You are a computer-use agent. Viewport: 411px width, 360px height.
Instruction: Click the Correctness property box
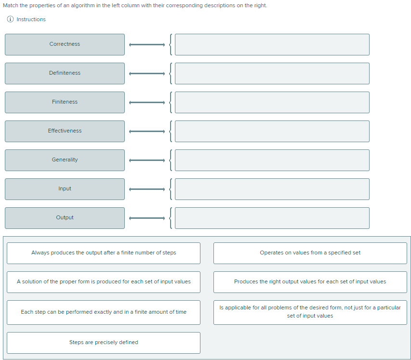point(65,44)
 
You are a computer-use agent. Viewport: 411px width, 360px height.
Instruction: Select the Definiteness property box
point(65,73)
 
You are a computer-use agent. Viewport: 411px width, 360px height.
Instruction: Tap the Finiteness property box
point(65,102)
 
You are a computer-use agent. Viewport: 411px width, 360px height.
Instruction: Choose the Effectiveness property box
point(65,132)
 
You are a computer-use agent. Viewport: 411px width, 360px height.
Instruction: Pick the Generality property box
point(65,160)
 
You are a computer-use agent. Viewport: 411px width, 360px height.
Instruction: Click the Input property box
point(65,189)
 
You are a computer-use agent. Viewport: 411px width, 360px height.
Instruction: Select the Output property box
point(65,218)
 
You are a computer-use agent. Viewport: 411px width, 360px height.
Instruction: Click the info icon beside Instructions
point(10,19)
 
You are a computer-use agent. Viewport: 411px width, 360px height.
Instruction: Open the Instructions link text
point(31,19)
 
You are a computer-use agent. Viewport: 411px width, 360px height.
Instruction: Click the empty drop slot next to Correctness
point(272,44)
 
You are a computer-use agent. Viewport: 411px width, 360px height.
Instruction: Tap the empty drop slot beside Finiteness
point(272,102)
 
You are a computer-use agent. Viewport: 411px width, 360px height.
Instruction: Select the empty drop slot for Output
point(272,218)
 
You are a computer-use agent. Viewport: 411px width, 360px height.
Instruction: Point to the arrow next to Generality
point(147,160)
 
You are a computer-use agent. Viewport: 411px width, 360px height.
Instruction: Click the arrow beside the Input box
point(147,189)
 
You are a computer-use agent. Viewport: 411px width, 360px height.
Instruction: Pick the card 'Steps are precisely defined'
point(104,343)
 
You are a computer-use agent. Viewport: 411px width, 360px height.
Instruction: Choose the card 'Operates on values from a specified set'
point(310,253)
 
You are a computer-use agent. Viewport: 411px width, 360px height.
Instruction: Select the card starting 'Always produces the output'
point(104,253)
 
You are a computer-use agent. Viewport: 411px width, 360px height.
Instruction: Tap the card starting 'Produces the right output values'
point(310,282)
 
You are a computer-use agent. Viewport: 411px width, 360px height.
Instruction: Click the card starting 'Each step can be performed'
point(104,312)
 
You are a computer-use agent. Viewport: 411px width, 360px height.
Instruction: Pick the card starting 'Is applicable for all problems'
point(310,312)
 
